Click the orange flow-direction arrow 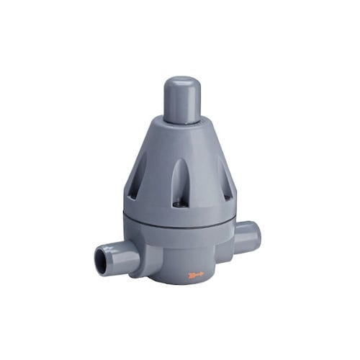pyautogui.click(x=195, y=274)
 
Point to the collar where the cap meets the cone pyautogui.click(x=181, y=124)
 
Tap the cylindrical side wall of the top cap pyautogui.click(x=181, y=104)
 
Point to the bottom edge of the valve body pyautogui.click(x=180, y=282)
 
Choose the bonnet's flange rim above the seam pyautogui.click(x=180, y=215)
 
